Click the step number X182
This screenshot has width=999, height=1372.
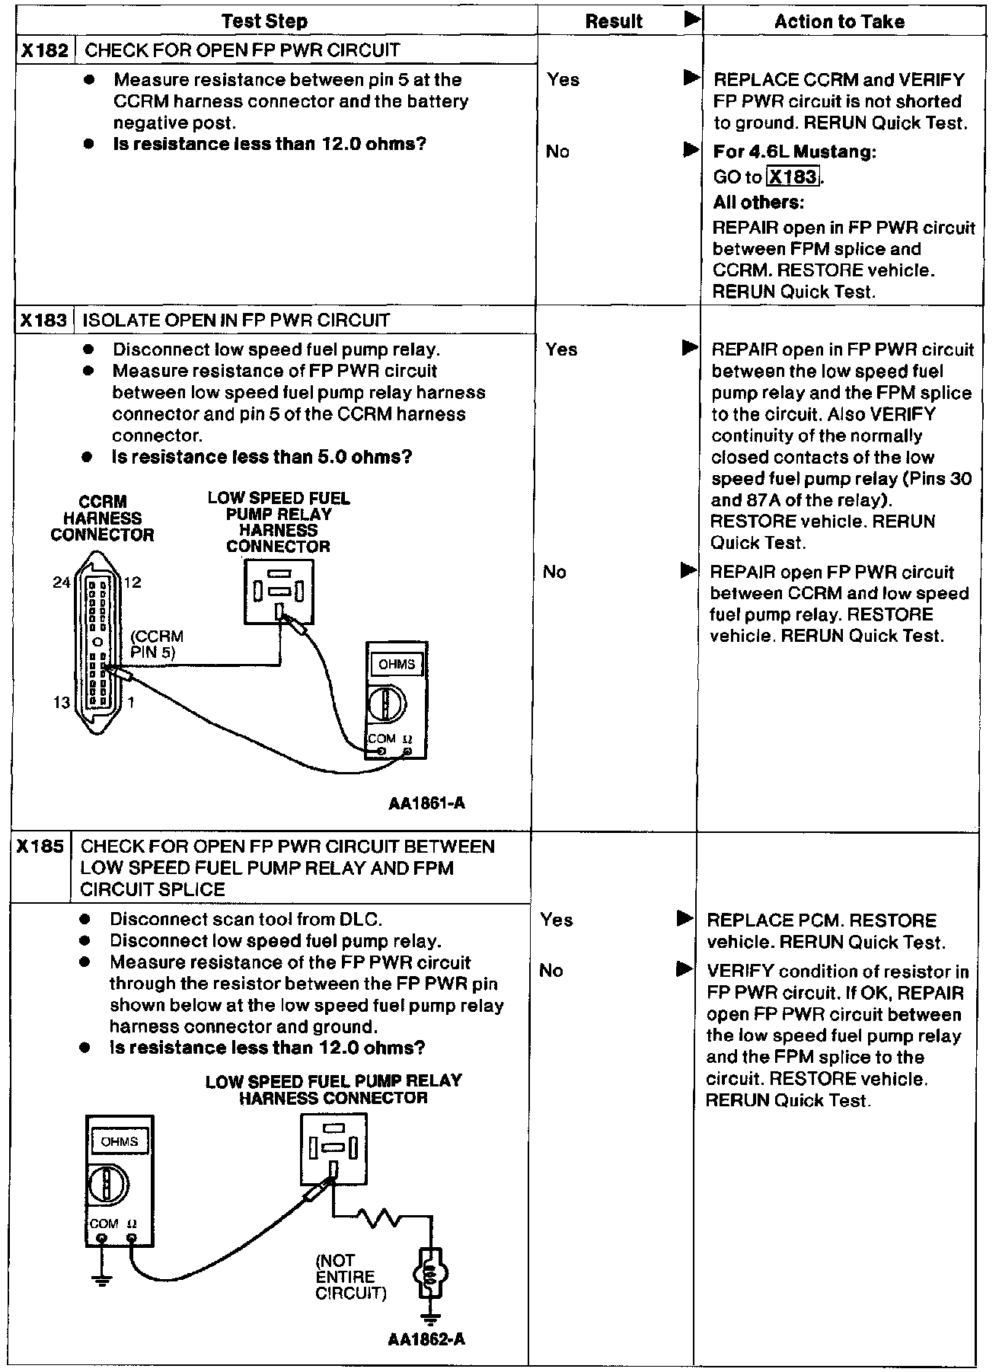click(45, 51)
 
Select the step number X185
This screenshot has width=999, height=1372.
click(40, 847)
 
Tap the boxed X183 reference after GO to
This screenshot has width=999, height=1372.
click(793, 177)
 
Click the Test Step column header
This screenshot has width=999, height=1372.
click(264, 21)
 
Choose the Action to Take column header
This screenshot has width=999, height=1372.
click(839, 21)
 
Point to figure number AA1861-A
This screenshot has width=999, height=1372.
click(426, 803)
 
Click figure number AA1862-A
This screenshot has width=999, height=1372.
click(426, 1361)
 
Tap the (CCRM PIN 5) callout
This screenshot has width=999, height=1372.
click(156, 643)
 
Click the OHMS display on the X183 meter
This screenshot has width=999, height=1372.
click(397, 665)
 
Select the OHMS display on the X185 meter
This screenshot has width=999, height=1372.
click(120, 1141)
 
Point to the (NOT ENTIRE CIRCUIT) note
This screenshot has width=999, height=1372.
click(350, 1277)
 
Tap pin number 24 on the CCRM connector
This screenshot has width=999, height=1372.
click(61, 582)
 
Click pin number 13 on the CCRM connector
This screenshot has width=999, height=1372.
click(61, 702)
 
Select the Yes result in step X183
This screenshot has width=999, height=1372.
click(561, 349)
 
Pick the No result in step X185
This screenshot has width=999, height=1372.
click(551, 971)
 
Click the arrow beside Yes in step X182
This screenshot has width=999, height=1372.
click(691, 78)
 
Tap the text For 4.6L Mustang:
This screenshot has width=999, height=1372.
click(794, 152)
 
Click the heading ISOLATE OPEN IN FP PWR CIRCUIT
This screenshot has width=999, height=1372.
click(236, 321)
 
